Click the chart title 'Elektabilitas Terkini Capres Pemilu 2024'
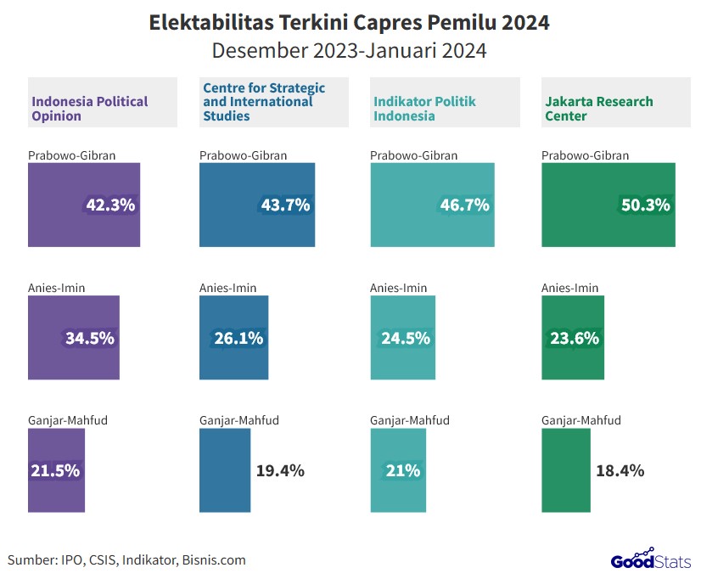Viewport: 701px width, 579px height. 349,22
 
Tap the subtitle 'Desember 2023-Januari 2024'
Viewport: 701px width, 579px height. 349,50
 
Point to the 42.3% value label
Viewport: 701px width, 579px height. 110,205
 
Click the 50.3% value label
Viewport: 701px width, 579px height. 645,205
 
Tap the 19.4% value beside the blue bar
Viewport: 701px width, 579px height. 280,470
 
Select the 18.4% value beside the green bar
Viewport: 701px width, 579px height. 620,470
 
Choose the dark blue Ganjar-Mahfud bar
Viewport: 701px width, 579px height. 225,470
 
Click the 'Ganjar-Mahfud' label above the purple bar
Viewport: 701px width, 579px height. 68,420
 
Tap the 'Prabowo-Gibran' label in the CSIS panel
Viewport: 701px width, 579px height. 243,155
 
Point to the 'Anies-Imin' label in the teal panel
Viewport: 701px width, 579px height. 399,288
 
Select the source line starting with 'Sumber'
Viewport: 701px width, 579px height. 127,559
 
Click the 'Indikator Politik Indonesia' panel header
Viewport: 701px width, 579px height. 423,109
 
